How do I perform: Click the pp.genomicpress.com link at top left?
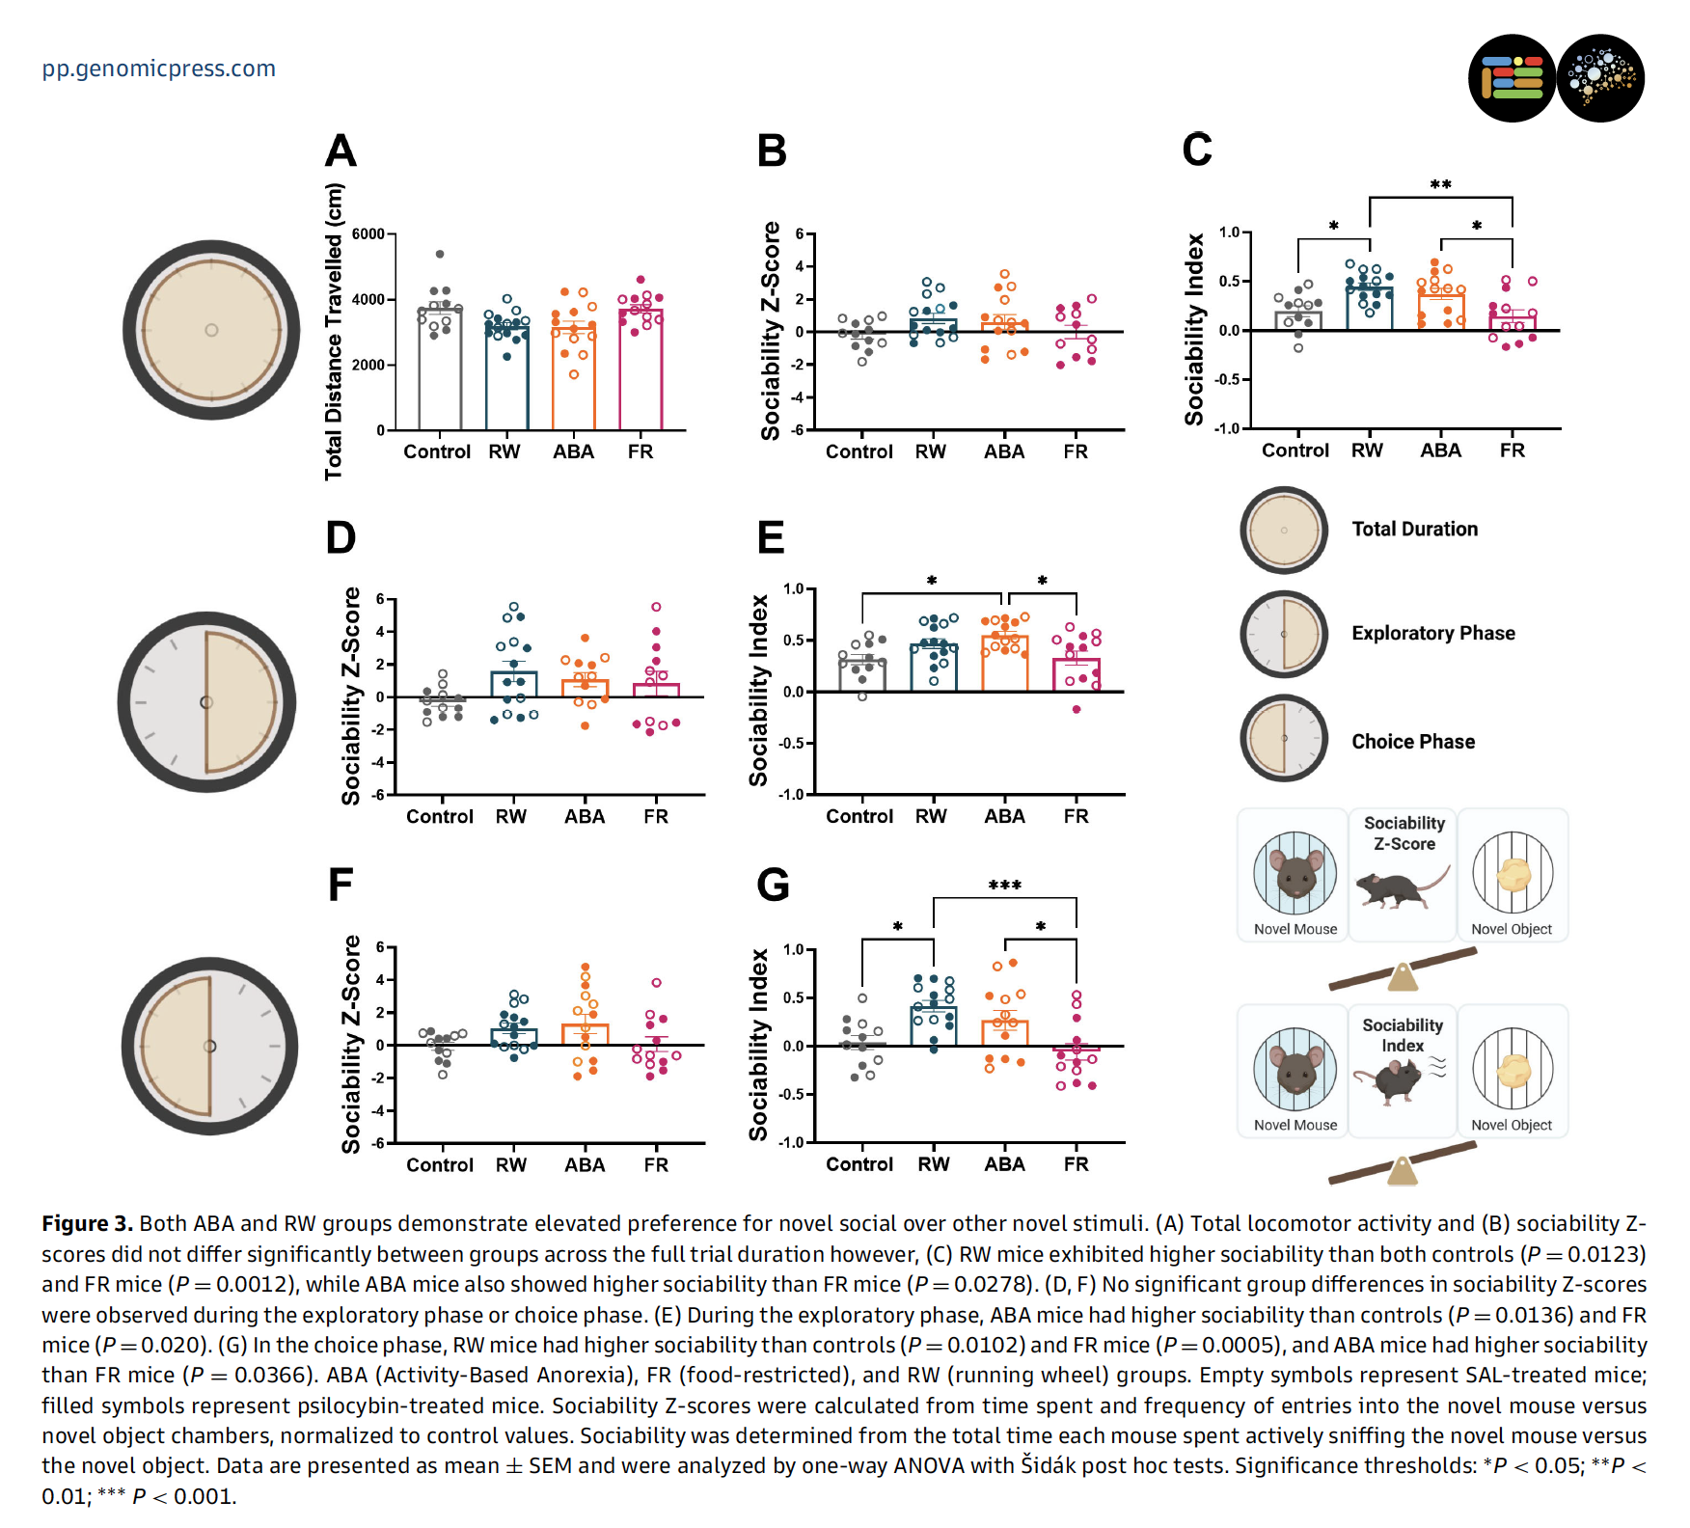pyautogui.click(x=158, y=68)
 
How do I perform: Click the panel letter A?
pyautogui.click(x=341, y=151)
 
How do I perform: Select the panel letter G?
pyautogui.click(x=773, y=885)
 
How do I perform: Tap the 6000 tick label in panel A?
pyautogui.click(x=368, y=234)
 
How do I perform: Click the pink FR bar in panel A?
pyautogui.click(x=641, y=371)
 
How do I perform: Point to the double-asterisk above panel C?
pyautogui.click(x=1440, y=185)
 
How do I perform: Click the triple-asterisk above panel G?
pyautogui.click(x=1004, y=886)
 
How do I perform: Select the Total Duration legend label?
pyautogui.click(x=1414, y=529)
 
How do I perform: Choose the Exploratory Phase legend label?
pyautogui.click(x=1432, y=633)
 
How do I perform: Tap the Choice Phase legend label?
pyautogui.click(x=1412, y=742)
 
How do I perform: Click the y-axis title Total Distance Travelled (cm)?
pyautogui.click(x=334, y=331)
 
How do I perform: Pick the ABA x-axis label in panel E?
pyautogui.click(x=1004, y=816)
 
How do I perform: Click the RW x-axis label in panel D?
pyautogui.click(x=511, y=816)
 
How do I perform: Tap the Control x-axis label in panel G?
pyautogui.click(x=859, y=1164)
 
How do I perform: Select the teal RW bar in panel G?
pyautogui.click(x=934, y=1026)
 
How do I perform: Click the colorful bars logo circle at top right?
pyautogui.click(x=1512, y=78)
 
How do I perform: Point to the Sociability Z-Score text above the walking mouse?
pyautogui.click(x=1404, y=833)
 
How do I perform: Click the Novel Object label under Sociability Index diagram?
pyautogui.click(x=1512, y=1125)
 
